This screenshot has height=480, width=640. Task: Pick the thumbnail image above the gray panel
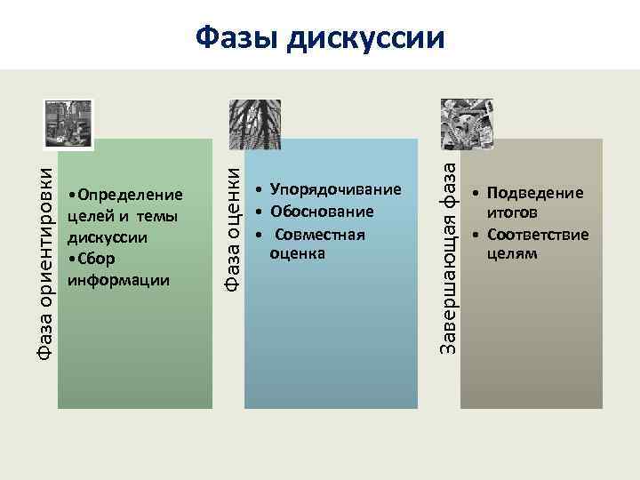click(x=467, y=122)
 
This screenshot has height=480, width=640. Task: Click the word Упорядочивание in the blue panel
click(x=336, y=190)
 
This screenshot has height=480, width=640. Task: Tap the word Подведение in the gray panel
click(x=534, y=193)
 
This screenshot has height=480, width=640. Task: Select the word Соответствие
click(x=537, y=235)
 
